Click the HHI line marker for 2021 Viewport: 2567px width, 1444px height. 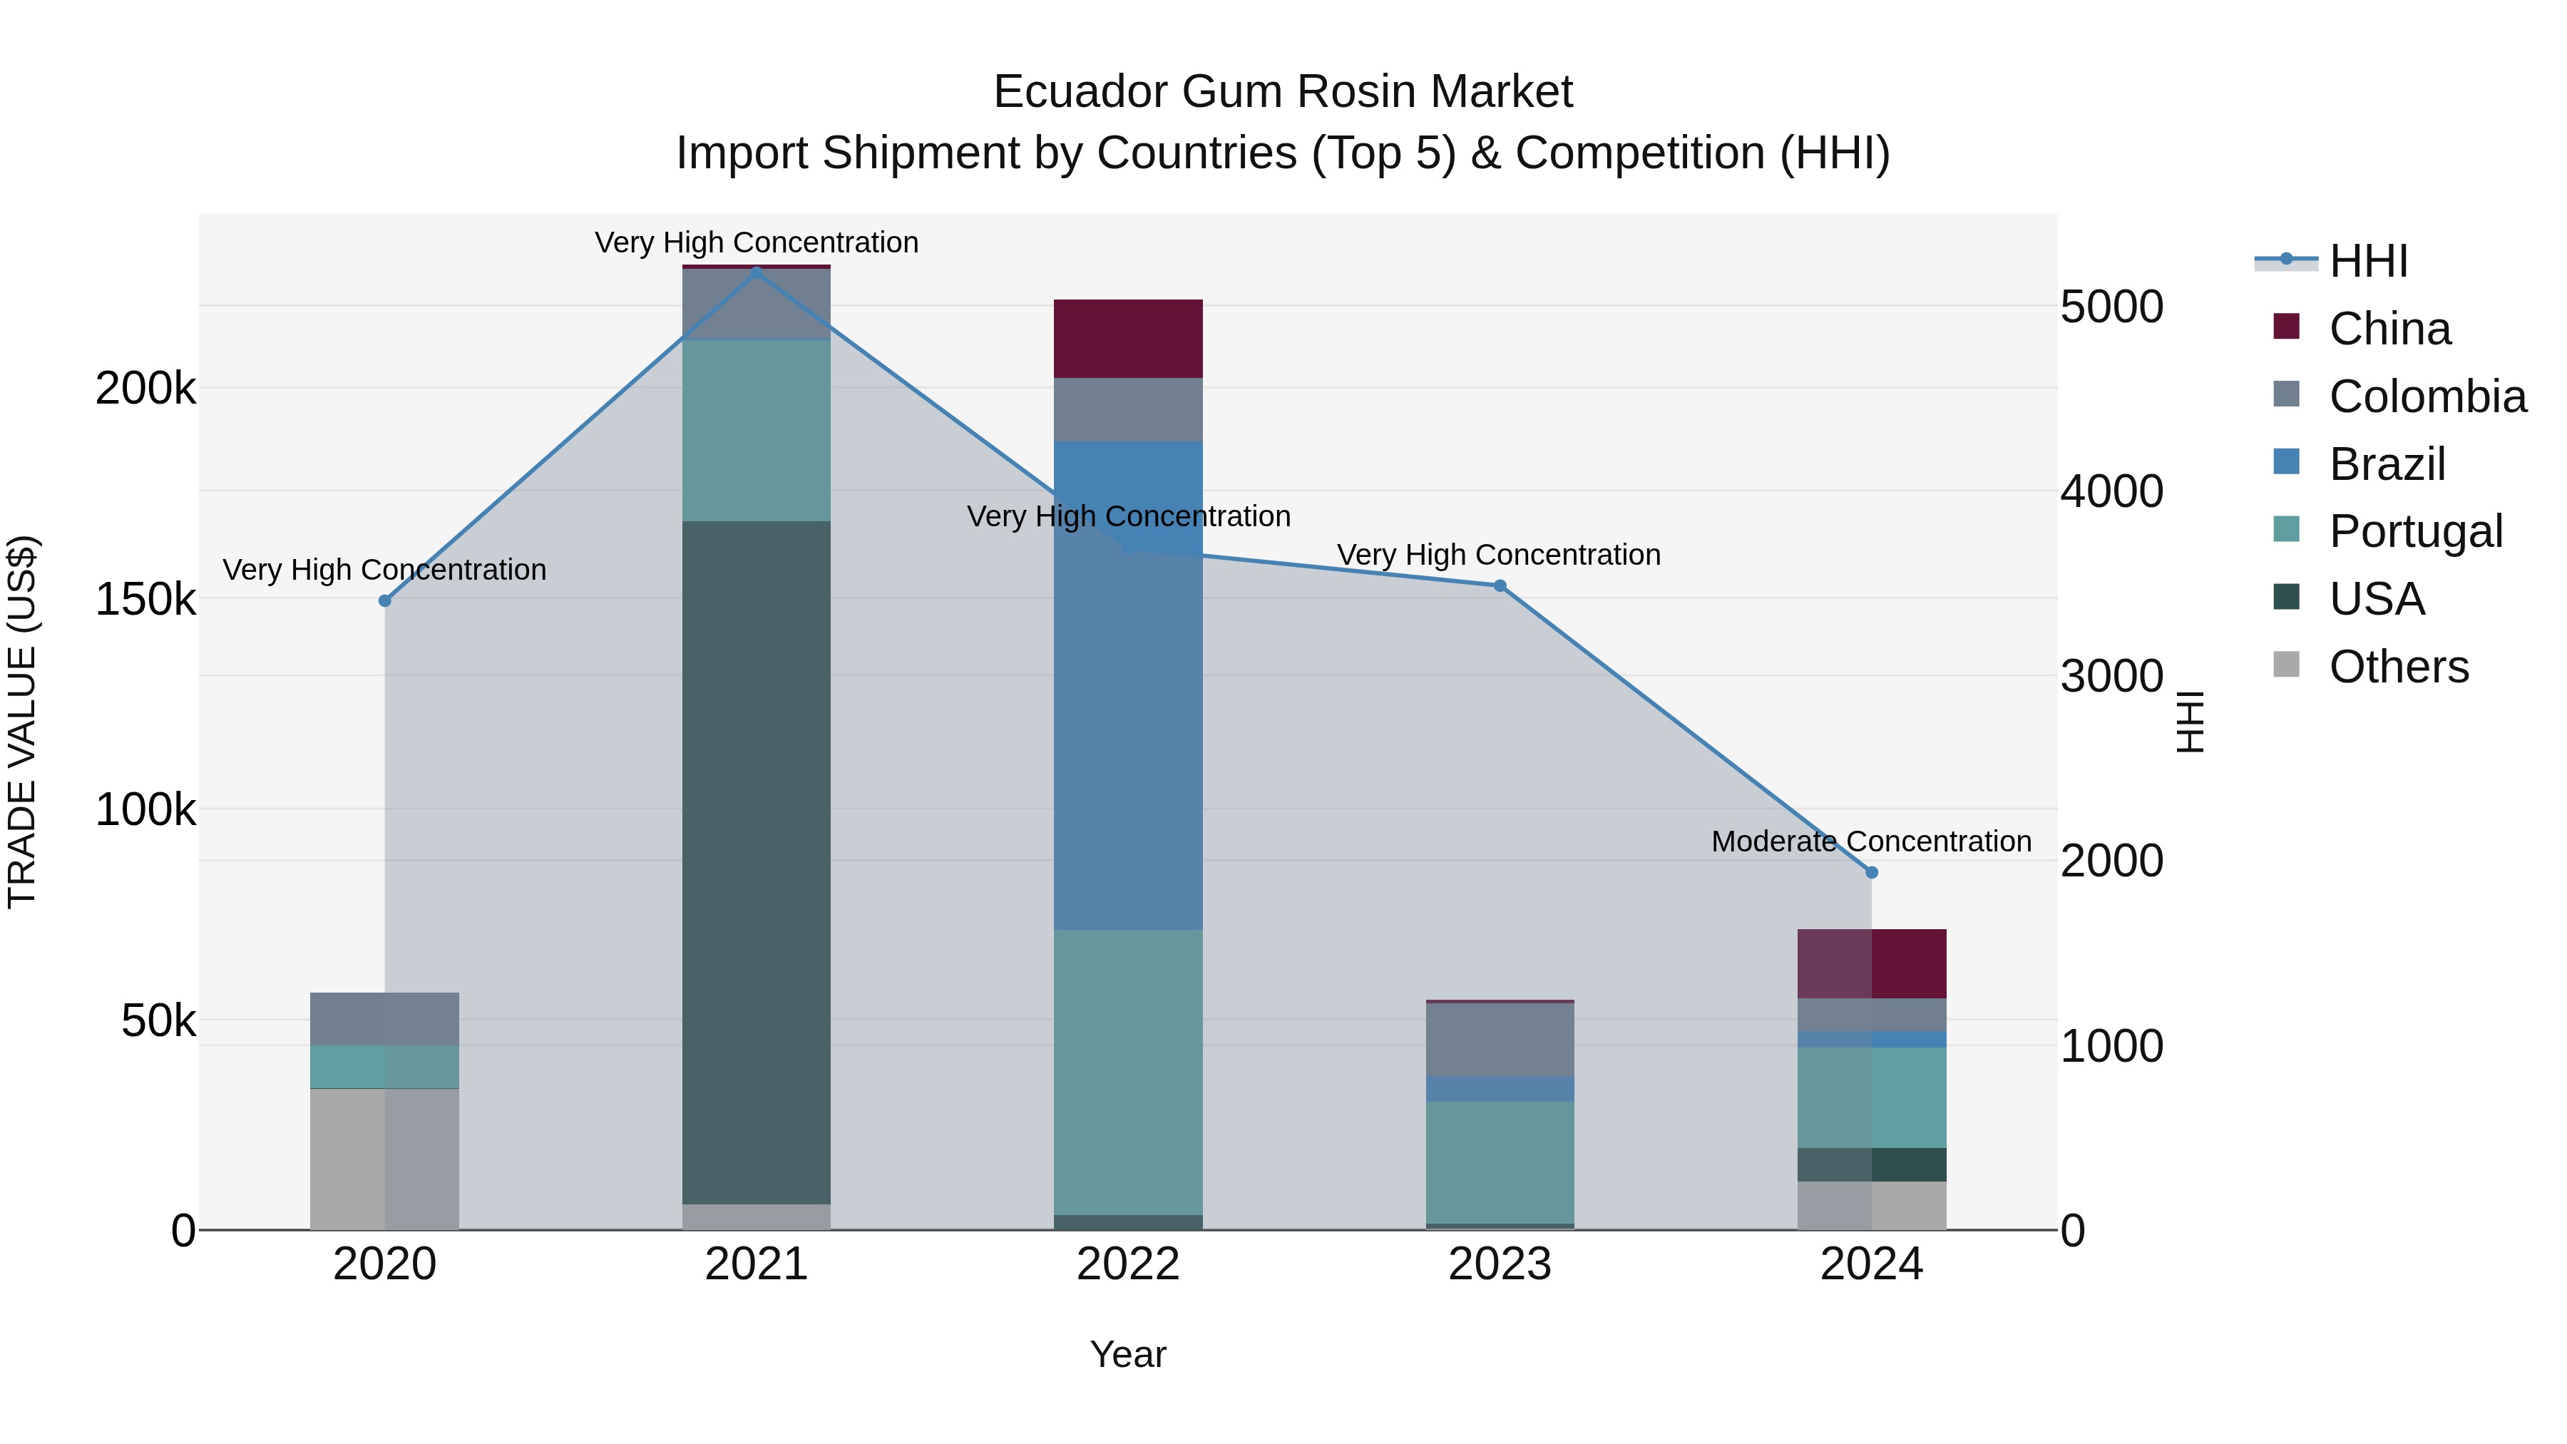click(x=757, y=271)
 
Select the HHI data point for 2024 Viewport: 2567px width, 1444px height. click(x=1872, y=872)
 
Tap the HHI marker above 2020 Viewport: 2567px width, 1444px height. click(x=384, y=601)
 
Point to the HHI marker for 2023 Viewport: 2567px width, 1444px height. click(x=1500, y=586)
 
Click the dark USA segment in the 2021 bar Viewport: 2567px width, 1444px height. click(x=757, y=862)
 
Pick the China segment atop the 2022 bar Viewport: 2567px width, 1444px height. click(x=1128, y=338)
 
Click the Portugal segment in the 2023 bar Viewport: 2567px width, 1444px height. click(x=1500, y=1162)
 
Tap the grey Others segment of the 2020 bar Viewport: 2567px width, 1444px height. click(x=384, y=1159)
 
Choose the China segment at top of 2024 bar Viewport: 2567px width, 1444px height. click(x=1872, y=963)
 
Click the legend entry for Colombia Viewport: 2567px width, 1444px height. click(x=2427, y=396)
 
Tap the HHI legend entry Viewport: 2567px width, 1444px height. click(x=2367, y=261)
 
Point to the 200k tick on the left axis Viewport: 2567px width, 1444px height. click(x=145, y=388)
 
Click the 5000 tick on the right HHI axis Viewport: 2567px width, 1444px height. click(x=2111, y=307)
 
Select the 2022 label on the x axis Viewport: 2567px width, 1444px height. click(x=1128, y=1264)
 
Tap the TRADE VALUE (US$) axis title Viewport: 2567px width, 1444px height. click(x=22, y=722)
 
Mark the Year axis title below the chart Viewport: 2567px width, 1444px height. click(x=1128, y=1354)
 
